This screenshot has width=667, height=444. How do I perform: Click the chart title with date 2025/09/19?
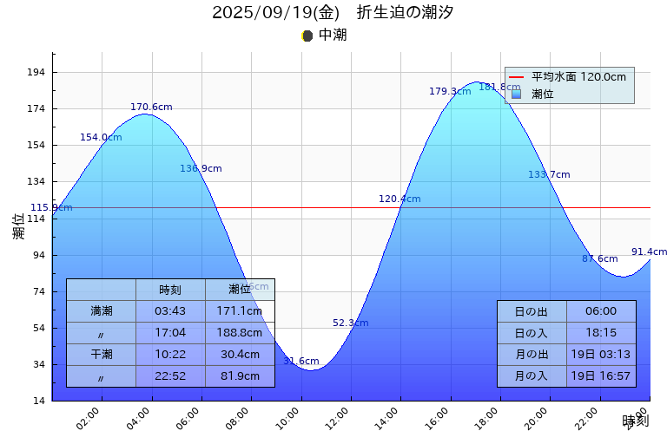point(333,13)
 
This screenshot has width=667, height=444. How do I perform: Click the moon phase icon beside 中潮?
point(307,36)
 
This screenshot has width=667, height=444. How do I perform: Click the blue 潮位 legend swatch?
point(516,94)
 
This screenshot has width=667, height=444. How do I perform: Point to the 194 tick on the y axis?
point(36,73)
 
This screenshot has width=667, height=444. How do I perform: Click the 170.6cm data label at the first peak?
point(151,108)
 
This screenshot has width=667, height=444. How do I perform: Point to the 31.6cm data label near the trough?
point(301,362)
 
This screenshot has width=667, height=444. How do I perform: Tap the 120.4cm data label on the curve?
point(400,199)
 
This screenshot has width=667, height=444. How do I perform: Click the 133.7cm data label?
point(549,175)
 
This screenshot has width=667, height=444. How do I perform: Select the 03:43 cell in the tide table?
point(170,310)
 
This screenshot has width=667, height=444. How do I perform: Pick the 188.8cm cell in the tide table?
point(240,332)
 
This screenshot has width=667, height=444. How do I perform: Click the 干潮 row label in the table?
point(101,354)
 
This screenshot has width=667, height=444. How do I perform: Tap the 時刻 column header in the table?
point(170,290)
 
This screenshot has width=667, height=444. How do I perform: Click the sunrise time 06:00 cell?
point(601,311)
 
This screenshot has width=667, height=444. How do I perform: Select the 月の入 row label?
point(532,376)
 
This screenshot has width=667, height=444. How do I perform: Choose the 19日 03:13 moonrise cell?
point(601,355)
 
